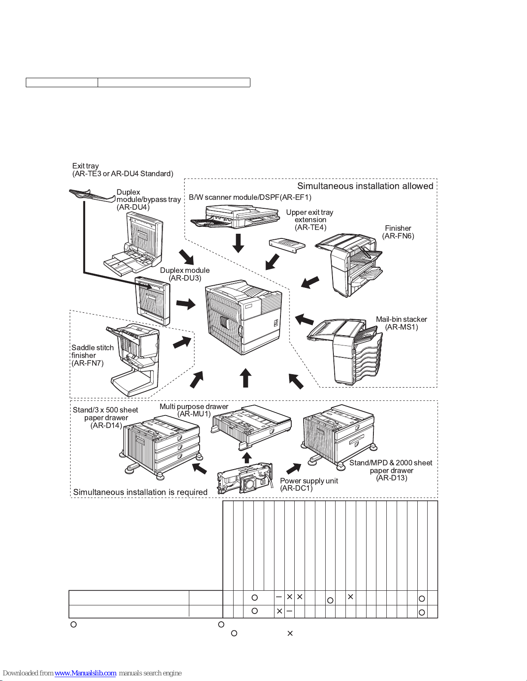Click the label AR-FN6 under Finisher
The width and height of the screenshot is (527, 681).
click(x=398, y=236)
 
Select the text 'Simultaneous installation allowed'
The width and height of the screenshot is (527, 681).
click(x=365, y=186)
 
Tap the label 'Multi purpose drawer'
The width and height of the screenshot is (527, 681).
click(x=194, y=406)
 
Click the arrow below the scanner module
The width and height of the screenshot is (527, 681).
click(x=238, y=243)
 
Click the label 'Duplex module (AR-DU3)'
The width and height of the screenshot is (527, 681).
click(x=185, y=274)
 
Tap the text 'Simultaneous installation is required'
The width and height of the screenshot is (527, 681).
click(x=140, y=492)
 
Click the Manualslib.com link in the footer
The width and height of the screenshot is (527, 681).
click(x=85, y=673)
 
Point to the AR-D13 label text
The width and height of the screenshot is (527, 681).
click(x=391, y=478)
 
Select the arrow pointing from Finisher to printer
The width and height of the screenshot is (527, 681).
click(x=310, y=282)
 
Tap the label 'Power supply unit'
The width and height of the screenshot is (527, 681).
click(x=309, y=481)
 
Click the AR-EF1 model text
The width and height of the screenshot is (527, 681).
click(x=296, y=197)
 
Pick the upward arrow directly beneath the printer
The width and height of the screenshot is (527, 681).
click(x=245, y=378)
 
